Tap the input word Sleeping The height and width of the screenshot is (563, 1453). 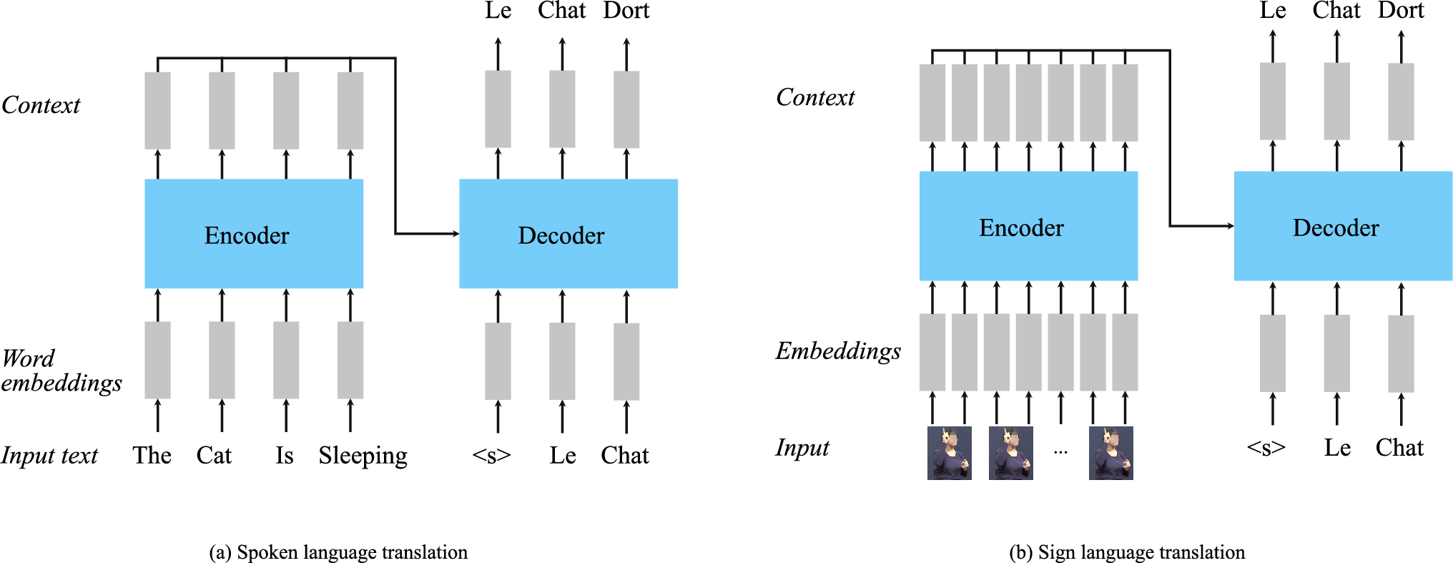(x=363, y=456)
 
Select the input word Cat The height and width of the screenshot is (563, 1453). (x=214, y=456)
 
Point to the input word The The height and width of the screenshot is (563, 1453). (x=152, y=456)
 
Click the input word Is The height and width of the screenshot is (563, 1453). (x=285, y=456)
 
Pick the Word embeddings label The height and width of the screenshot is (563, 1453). (x=61, y=371)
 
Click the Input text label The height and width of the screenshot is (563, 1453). (x=49, y=456)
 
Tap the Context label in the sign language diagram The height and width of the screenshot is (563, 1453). (x=815, y=97)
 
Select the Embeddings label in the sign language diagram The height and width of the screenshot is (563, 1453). (x=838, y=351)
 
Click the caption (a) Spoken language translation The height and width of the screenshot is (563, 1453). (x=338, y=552)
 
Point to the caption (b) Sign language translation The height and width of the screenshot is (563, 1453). (x=1127, y=552)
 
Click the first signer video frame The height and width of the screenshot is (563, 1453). (x=949, y=453)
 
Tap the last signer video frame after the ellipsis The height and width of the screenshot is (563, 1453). (x=1110, y=453)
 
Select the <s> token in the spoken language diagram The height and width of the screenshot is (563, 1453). (x=492, y=456)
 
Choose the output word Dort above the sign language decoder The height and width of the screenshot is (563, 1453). (x=1401, y=11)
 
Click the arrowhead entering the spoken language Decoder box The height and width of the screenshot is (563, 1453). (x=455, y=234)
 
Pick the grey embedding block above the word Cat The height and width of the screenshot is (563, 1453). (x=222, y=360)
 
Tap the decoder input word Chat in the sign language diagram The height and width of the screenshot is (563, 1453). (x=1399, y=448)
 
